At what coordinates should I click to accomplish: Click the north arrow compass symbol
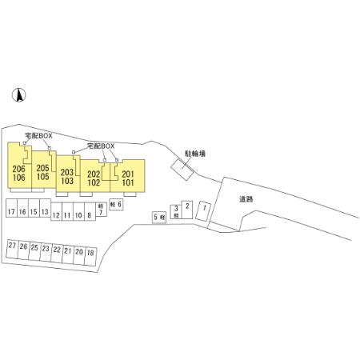(x=18, y=95)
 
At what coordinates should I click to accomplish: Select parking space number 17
(x=11, y=208)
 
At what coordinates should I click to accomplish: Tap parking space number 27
(x=12, y=249)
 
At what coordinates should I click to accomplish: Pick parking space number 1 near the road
(x=203, y=211)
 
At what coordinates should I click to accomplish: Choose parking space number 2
(x=187, y=210)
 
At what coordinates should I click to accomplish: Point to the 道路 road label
(x=246, y=199)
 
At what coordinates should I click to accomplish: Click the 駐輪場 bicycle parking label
(x=195, y=154)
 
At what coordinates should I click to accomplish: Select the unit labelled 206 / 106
(x=19, y=166)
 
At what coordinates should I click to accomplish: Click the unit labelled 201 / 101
(x=127, y=176)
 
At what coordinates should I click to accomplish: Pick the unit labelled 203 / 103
(x=68, y=174)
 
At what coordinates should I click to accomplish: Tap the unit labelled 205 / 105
(x=43, y=170)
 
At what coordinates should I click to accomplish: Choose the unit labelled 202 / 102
(x=95, y=176)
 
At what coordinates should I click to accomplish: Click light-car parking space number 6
(x=116, y=205)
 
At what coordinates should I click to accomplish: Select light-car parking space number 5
(x=159, y=218)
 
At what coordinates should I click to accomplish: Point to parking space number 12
(x=56, y=211)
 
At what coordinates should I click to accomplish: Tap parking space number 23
(x=46, y=252)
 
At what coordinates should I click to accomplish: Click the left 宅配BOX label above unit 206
(x=38, y=136)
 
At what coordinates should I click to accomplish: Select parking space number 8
(x=90, y=211)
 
